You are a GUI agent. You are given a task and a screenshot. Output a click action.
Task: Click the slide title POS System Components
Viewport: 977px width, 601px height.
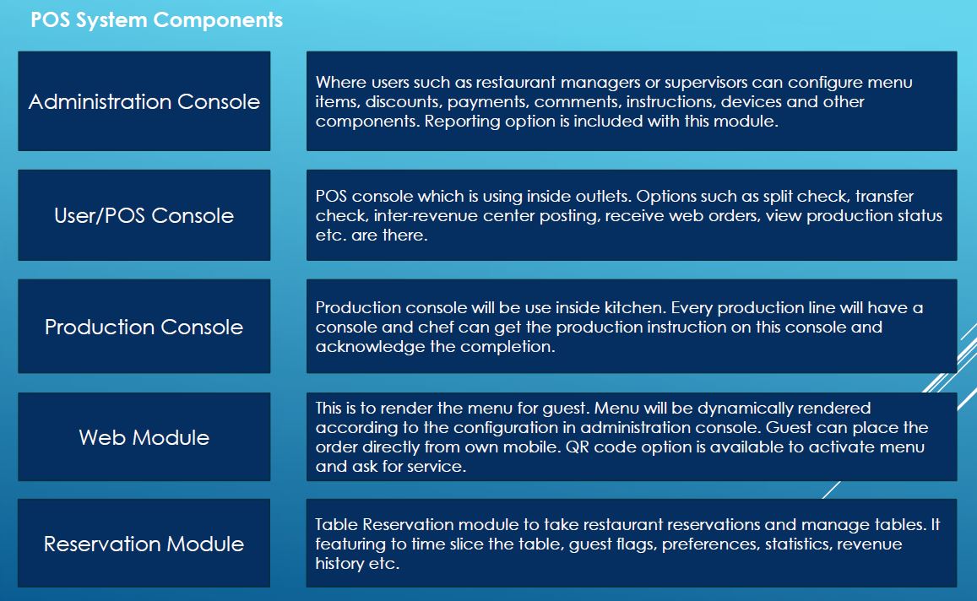coord(156,20)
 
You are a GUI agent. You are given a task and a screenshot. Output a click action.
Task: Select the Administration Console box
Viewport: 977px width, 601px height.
coord(144,101)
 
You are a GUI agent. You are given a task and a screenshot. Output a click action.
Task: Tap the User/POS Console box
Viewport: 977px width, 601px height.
coord(144,215)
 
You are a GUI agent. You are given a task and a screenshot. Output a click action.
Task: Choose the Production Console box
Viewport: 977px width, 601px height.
coord(144,327)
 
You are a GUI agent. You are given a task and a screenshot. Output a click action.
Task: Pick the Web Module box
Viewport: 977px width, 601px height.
coord(144,436)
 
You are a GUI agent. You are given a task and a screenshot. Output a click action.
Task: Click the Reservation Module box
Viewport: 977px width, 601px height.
coord(144,543)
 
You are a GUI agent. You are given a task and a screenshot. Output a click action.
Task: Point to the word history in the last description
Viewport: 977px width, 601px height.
coord(339,564)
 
